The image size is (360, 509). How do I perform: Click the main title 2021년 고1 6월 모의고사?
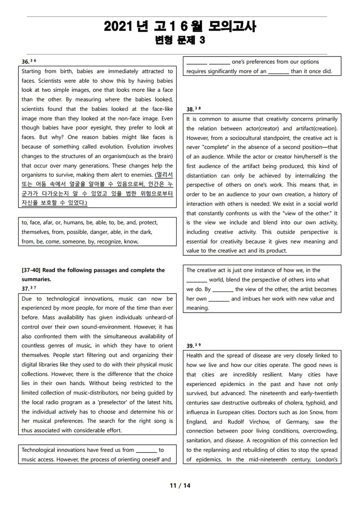click(x=180, y=27)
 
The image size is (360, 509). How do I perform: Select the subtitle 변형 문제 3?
click(x=180, y=41)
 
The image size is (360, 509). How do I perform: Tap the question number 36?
click(x=25, y=61)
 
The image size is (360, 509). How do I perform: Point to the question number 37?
click(x=25, y=288)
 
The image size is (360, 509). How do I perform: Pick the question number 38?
click(x=190, y=109)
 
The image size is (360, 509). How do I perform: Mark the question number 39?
click(x=190, y=346)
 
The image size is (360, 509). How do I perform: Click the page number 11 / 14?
click(x=180, y=485)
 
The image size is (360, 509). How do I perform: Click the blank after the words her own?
click(x=219, y=299)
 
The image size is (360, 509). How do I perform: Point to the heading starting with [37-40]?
click(x=93, y=270)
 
